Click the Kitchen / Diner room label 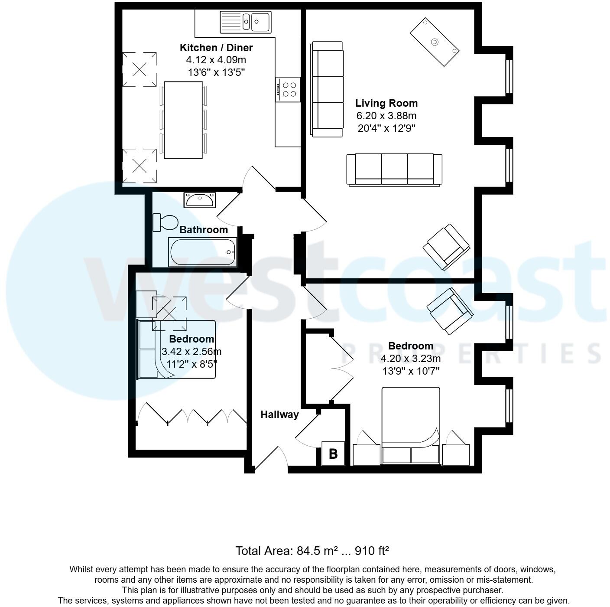coord(216,48)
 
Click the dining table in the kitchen coord(183,120)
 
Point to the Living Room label coord(386,103)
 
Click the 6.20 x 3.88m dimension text coord(386,116)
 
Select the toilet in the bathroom coord(165,222)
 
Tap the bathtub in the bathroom coord(203,252)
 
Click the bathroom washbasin coord(199,200)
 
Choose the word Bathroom coord(203,230)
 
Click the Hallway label coord(279,414)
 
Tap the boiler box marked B coord(333,454)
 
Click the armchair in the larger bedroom coord(450,310)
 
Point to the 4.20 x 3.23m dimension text coord(410,359)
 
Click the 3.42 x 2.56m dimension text coord(191,352)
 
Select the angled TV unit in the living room coord(435,42)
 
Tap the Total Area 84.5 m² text coord(312,551)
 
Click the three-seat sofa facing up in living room coord(394,170)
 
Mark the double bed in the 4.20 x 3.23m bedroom coord(410,425)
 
